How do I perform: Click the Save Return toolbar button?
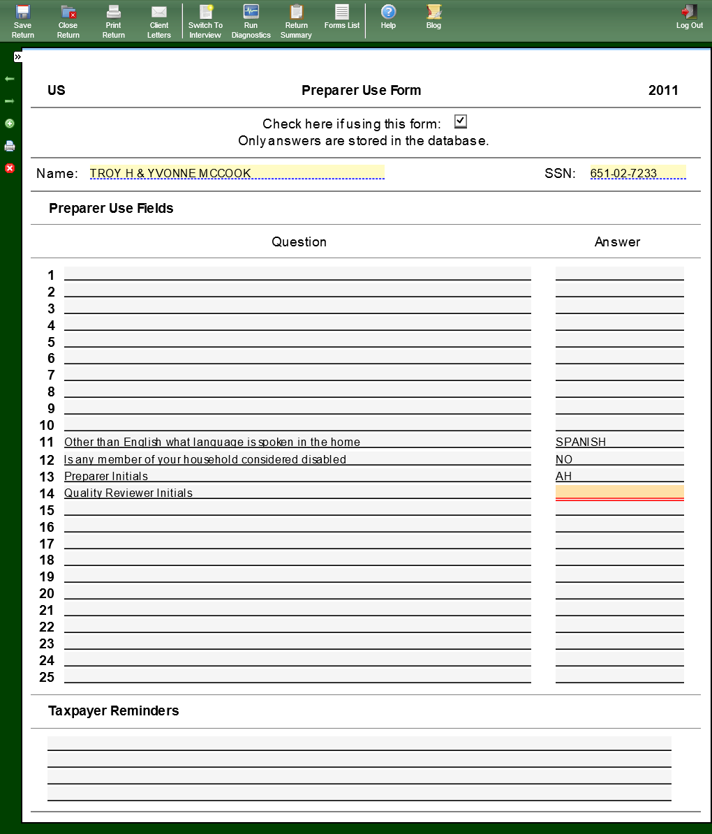point(23,20)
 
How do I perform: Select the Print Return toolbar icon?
point(114,20)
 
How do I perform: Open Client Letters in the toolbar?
point(159,20)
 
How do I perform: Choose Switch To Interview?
point(205,20)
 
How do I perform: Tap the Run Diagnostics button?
point(251,20)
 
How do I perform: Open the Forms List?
point(342,17)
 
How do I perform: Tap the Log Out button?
point(689,17)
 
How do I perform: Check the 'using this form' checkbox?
point(460,121)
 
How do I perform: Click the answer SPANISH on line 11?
point(581,442)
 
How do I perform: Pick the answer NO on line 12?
point(564,459)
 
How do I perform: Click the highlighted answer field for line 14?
point(619,492)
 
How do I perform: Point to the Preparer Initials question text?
point(106,476)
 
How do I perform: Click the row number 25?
point(47,677)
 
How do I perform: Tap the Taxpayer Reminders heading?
point(114,710)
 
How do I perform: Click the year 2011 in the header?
point(663,90)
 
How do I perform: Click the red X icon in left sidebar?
point(10,168)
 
